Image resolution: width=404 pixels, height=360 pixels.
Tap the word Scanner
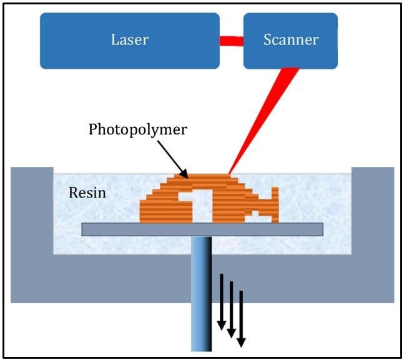click(290, 40)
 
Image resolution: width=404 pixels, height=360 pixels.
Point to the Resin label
click(87, 192)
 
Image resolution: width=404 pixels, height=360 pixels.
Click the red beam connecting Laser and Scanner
click(231, 41)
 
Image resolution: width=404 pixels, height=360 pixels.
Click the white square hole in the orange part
click(194, 206)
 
